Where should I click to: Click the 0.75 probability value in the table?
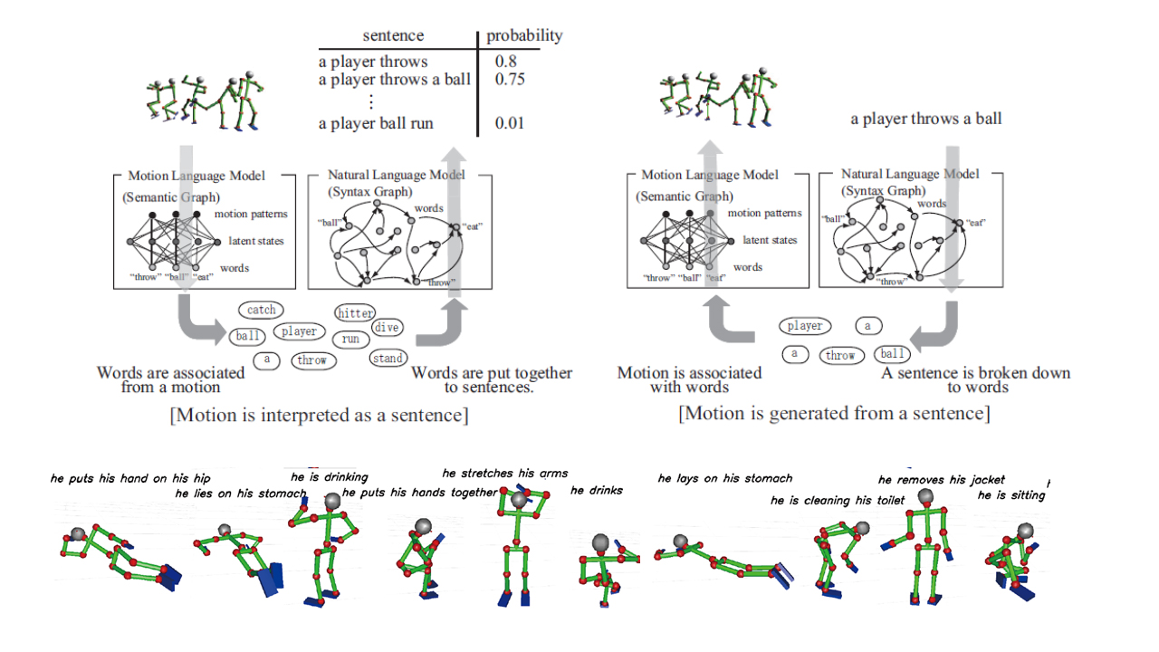pyautogui.click(x=510, y=80)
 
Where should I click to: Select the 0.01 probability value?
pyautogui.click(x=510, y=123)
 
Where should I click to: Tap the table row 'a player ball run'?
pyautogui.click(x=376, y=123)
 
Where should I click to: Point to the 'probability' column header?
pyautogui.click(x=524, y=36)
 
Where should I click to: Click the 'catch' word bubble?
pyautogui.click(x=261, y=310)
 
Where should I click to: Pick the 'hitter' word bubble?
pyautogui.click(x=355, y=313)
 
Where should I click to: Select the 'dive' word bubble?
pyautogui.click(x=387, y=328)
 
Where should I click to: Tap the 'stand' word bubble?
pyautogui.click(x=388, y=359)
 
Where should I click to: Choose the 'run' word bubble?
pyautogui.click(x=350, y=340)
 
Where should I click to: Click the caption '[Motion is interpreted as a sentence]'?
pyautogui.click(x=319, y=415)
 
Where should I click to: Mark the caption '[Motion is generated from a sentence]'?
pyautogui.click(x=834, y=414)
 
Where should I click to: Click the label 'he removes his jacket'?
pyautogui.click(x=941, y=480)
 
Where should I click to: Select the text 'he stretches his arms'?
pyautogui.click(x=505, y=473)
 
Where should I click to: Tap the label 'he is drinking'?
pyautogui.click(x=329, y=477)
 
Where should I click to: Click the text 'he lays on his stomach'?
pyautogui.click(x=724, y=478)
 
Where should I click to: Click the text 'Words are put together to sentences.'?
pyautogui.click(x=492, y=380)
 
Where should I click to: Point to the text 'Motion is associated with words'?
pyautogui.click(x=689, y=380)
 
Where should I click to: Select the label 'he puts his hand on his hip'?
pyautogui.click(x=130, y=478)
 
